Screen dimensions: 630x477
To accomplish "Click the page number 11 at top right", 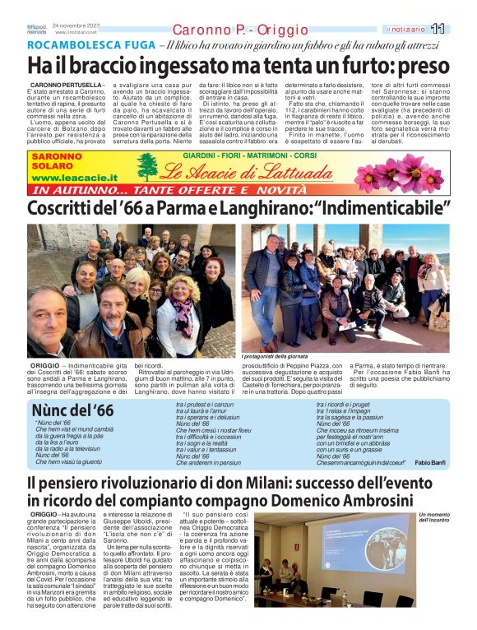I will pos(461,29).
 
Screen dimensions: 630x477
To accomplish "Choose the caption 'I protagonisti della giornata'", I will pos(276,355).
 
